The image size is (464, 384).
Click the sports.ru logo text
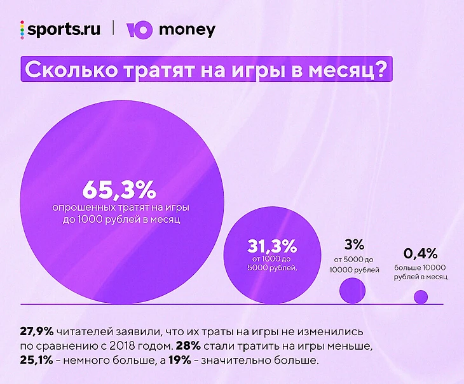point(64,30)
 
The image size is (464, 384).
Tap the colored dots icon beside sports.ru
point(22,30)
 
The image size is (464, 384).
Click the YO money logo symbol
point(139,30)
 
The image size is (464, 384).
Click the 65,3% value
point(119,189)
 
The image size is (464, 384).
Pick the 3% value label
point(354,244)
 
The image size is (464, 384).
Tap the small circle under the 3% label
point(353,291)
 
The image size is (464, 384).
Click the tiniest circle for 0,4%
point(421,296)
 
